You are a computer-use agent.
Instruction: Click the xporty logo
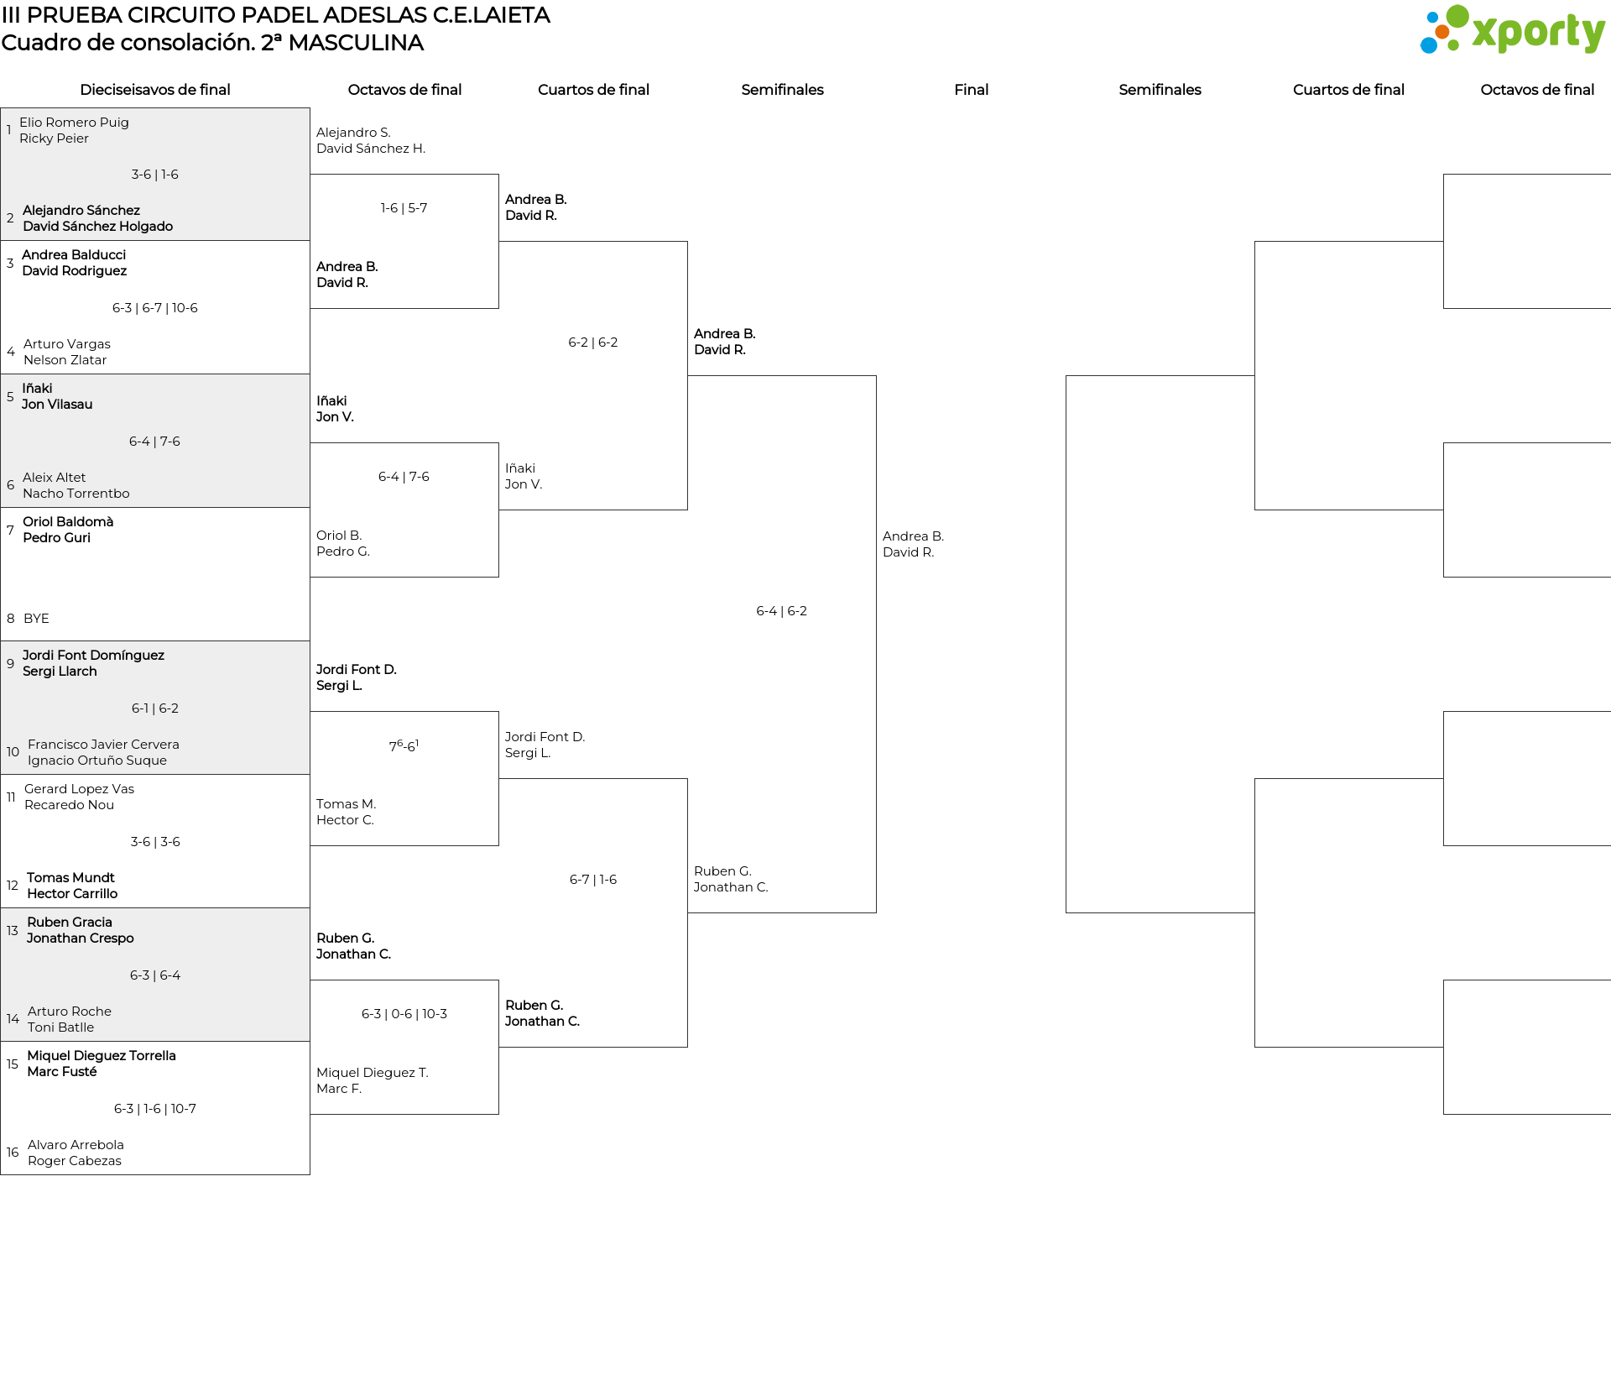click(x=1512, y=30)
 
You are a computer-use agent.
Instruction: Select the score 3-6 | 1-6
click(x=155, y=175)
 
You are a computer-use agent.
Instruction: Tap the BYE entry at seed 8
click(x=36, y=619)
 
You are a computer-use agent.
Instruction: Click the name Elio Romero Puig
click(x=74, y=123)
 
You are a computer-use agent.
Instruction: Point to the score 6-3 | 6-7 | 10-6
click(x=155, y=308)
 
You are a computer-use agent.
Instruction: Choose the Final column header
click(x=971, y=90)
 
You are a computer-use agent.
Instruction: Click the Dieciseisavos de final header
click(x=155, y=90)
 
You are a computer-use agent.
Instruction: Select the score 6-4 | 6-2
click(x=782, y=611)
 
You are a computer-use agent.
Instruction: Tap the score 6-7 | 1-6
click(x=593, y=880)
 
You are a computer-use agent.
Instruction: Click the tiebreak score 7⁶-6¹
click(x=404, y=745)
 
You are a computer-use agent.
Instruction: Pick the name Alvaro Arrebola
click(x=76, y=1145)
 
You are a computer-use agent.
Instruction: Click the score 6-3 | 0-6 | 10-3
click(x=404, y=1014)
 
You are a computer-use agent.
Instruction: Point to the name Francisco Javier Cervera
click(x=103, y=745)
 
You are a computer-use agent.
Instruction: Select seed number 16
click(x=13, y=1153)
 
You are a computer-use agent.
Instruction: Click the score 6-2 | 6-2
click(x=593, y=342)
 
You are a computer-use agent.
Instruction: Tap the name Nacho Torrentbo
click(x=76, y=494)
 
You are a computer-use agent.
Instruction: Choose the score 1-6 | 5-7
click(x=404, y=208)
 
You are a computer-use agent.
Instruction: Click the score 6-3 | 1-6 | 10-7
click(x=155, y=1109)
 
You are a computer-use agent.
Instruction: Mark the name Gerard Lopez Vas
click(x=79, y=789)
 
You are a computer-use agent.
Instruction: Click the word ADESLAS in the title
click(x=376, y=15)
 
